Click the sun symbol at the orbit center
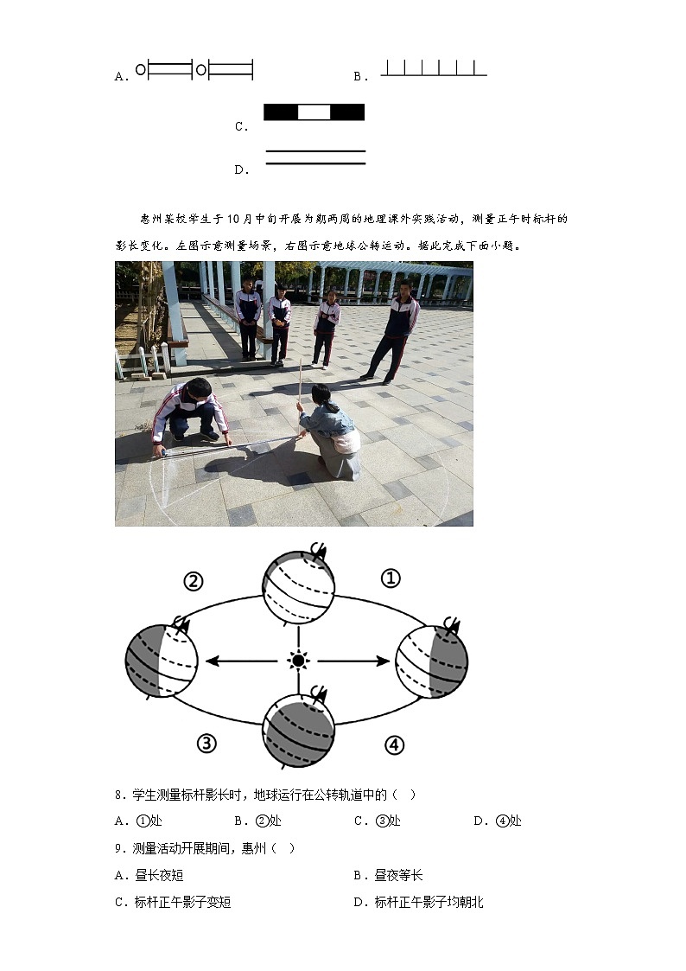coord(298,661)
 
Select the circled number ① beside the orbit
coord(391,578)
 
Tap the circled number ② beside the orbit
coord(193,581)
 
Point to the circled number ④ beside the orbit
coord(394,744)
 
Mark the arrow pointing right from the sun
coord(354,661)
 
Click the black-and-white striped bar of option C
coord(314,112)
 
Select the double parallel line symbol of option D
coord(315,157)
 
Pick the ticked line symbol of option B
coord(434,69)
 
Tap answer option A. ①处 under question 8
coord(138,821)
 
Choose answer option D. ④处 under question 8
coord(498,821)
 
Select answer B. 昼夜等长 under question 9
coord(389,876)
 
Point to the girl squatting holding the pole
coord(333,431)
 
